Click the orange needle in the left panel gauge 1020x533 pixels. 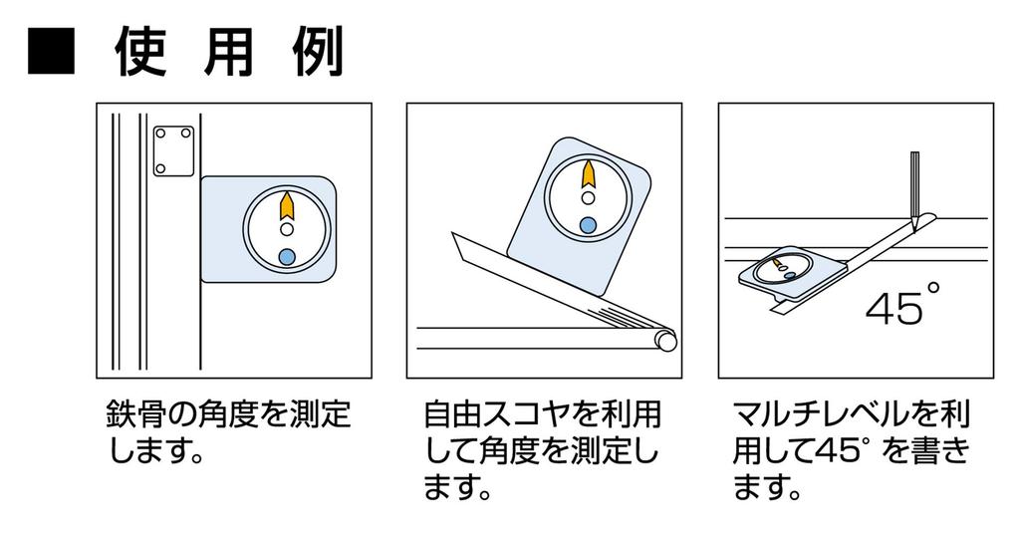point(287,206)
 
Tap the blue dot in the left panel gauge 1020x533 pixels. point(287,257)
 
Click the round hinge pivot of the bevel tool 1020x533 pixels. point(665,341)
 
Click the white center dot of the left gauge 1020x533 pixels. point(287,229)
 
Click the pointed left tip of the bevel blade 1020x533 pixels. point(453,238)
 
